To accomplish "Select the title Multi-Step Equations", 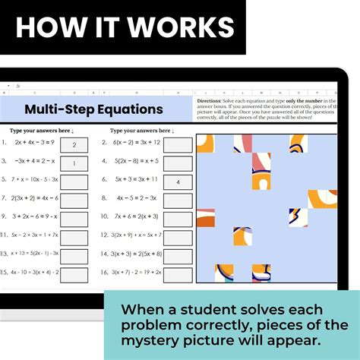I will click(93, 109).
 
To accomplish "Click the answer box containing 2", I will click(74, 144).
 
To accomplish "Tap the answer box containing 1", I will click(74, 163).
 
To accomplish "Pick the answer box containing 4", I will click(178, 182).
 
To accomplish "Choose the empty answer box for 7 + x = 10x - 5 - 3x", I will click(74, 182).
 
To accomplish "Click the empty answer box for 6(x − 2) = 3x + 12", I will click(178, 144).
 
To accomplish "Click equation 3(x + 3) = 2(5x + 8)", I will click(137, 254).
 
